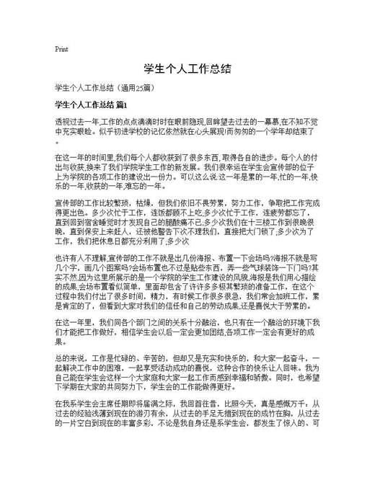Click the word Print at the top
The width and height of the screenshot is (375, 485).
(61, 49)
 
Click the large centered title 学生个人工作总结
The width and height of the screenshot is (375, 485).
(187, 69)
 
